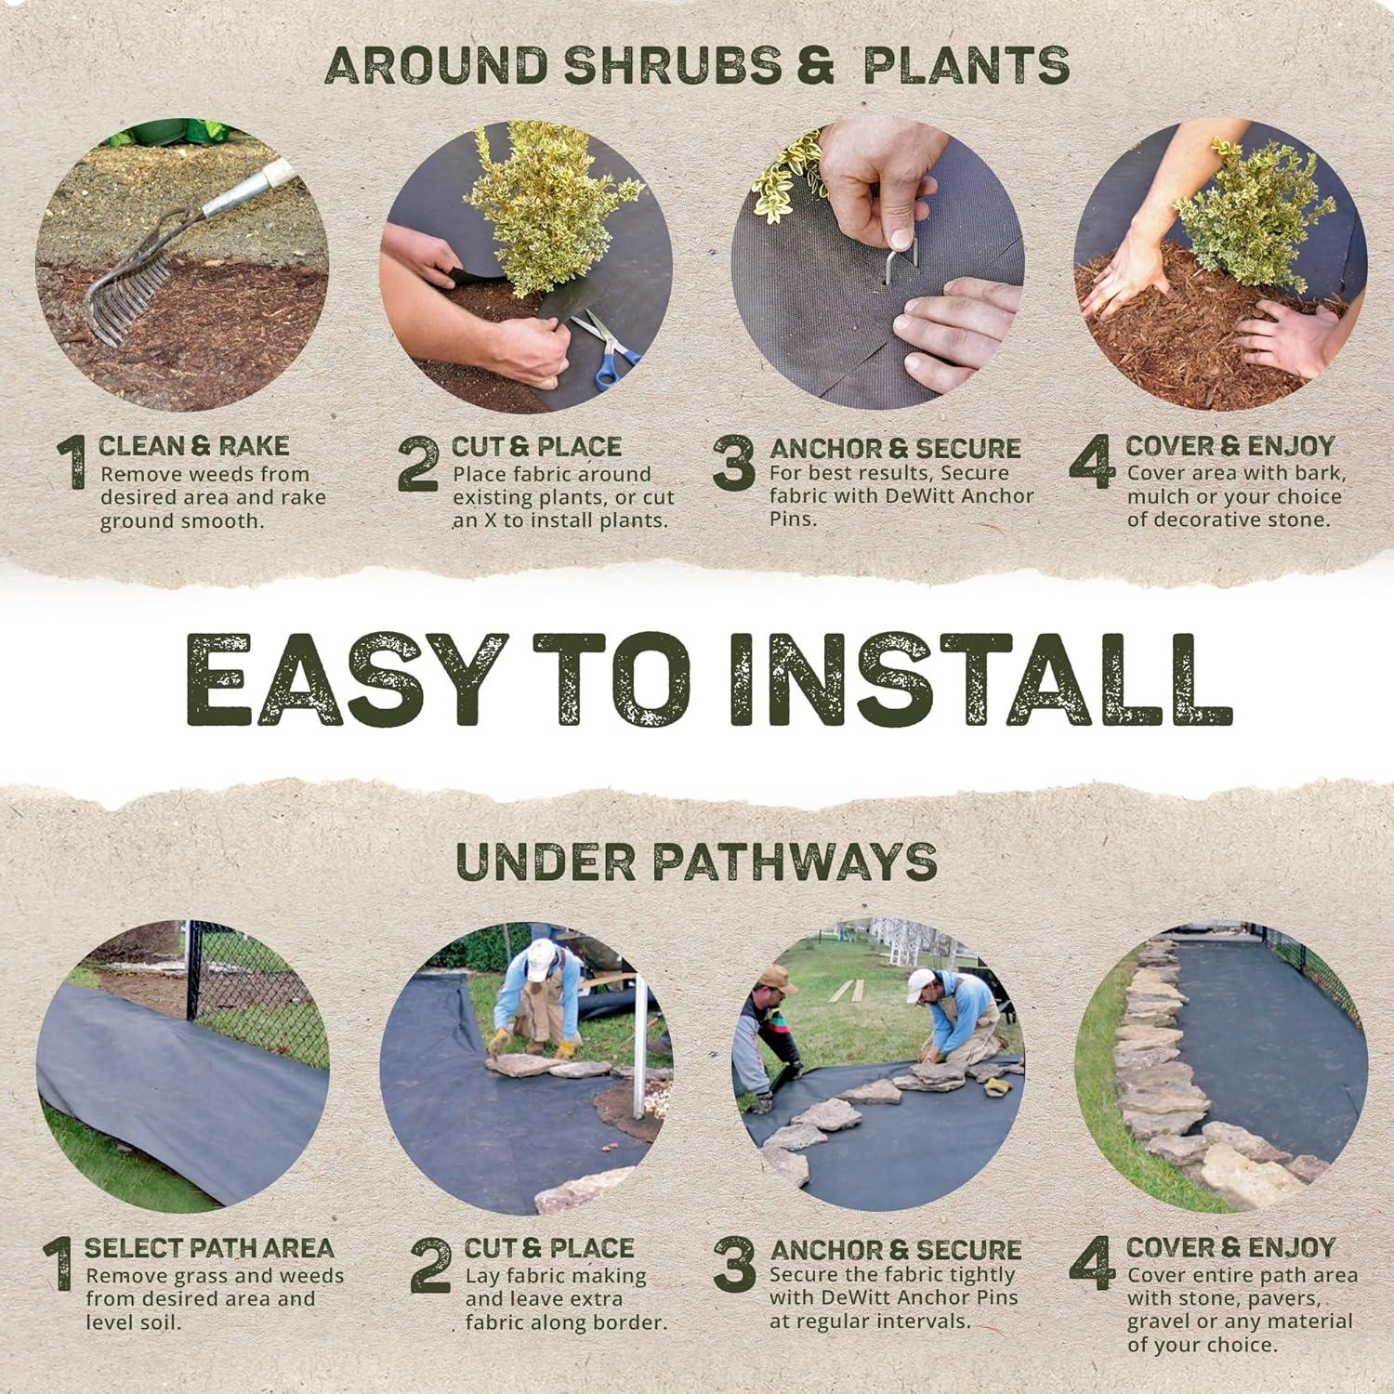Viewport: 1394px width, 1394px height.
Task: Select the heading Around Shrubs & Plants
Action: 697,65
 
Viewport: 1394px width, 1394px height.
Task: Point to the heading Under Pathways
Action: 697,861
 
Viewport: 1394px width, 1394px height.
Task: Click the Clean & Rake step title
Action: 193,446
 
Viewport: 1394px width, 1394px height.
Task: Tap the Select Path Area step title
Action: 209,1248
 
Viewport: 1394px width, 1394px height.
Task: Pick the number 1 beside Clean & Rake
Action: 72,463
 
